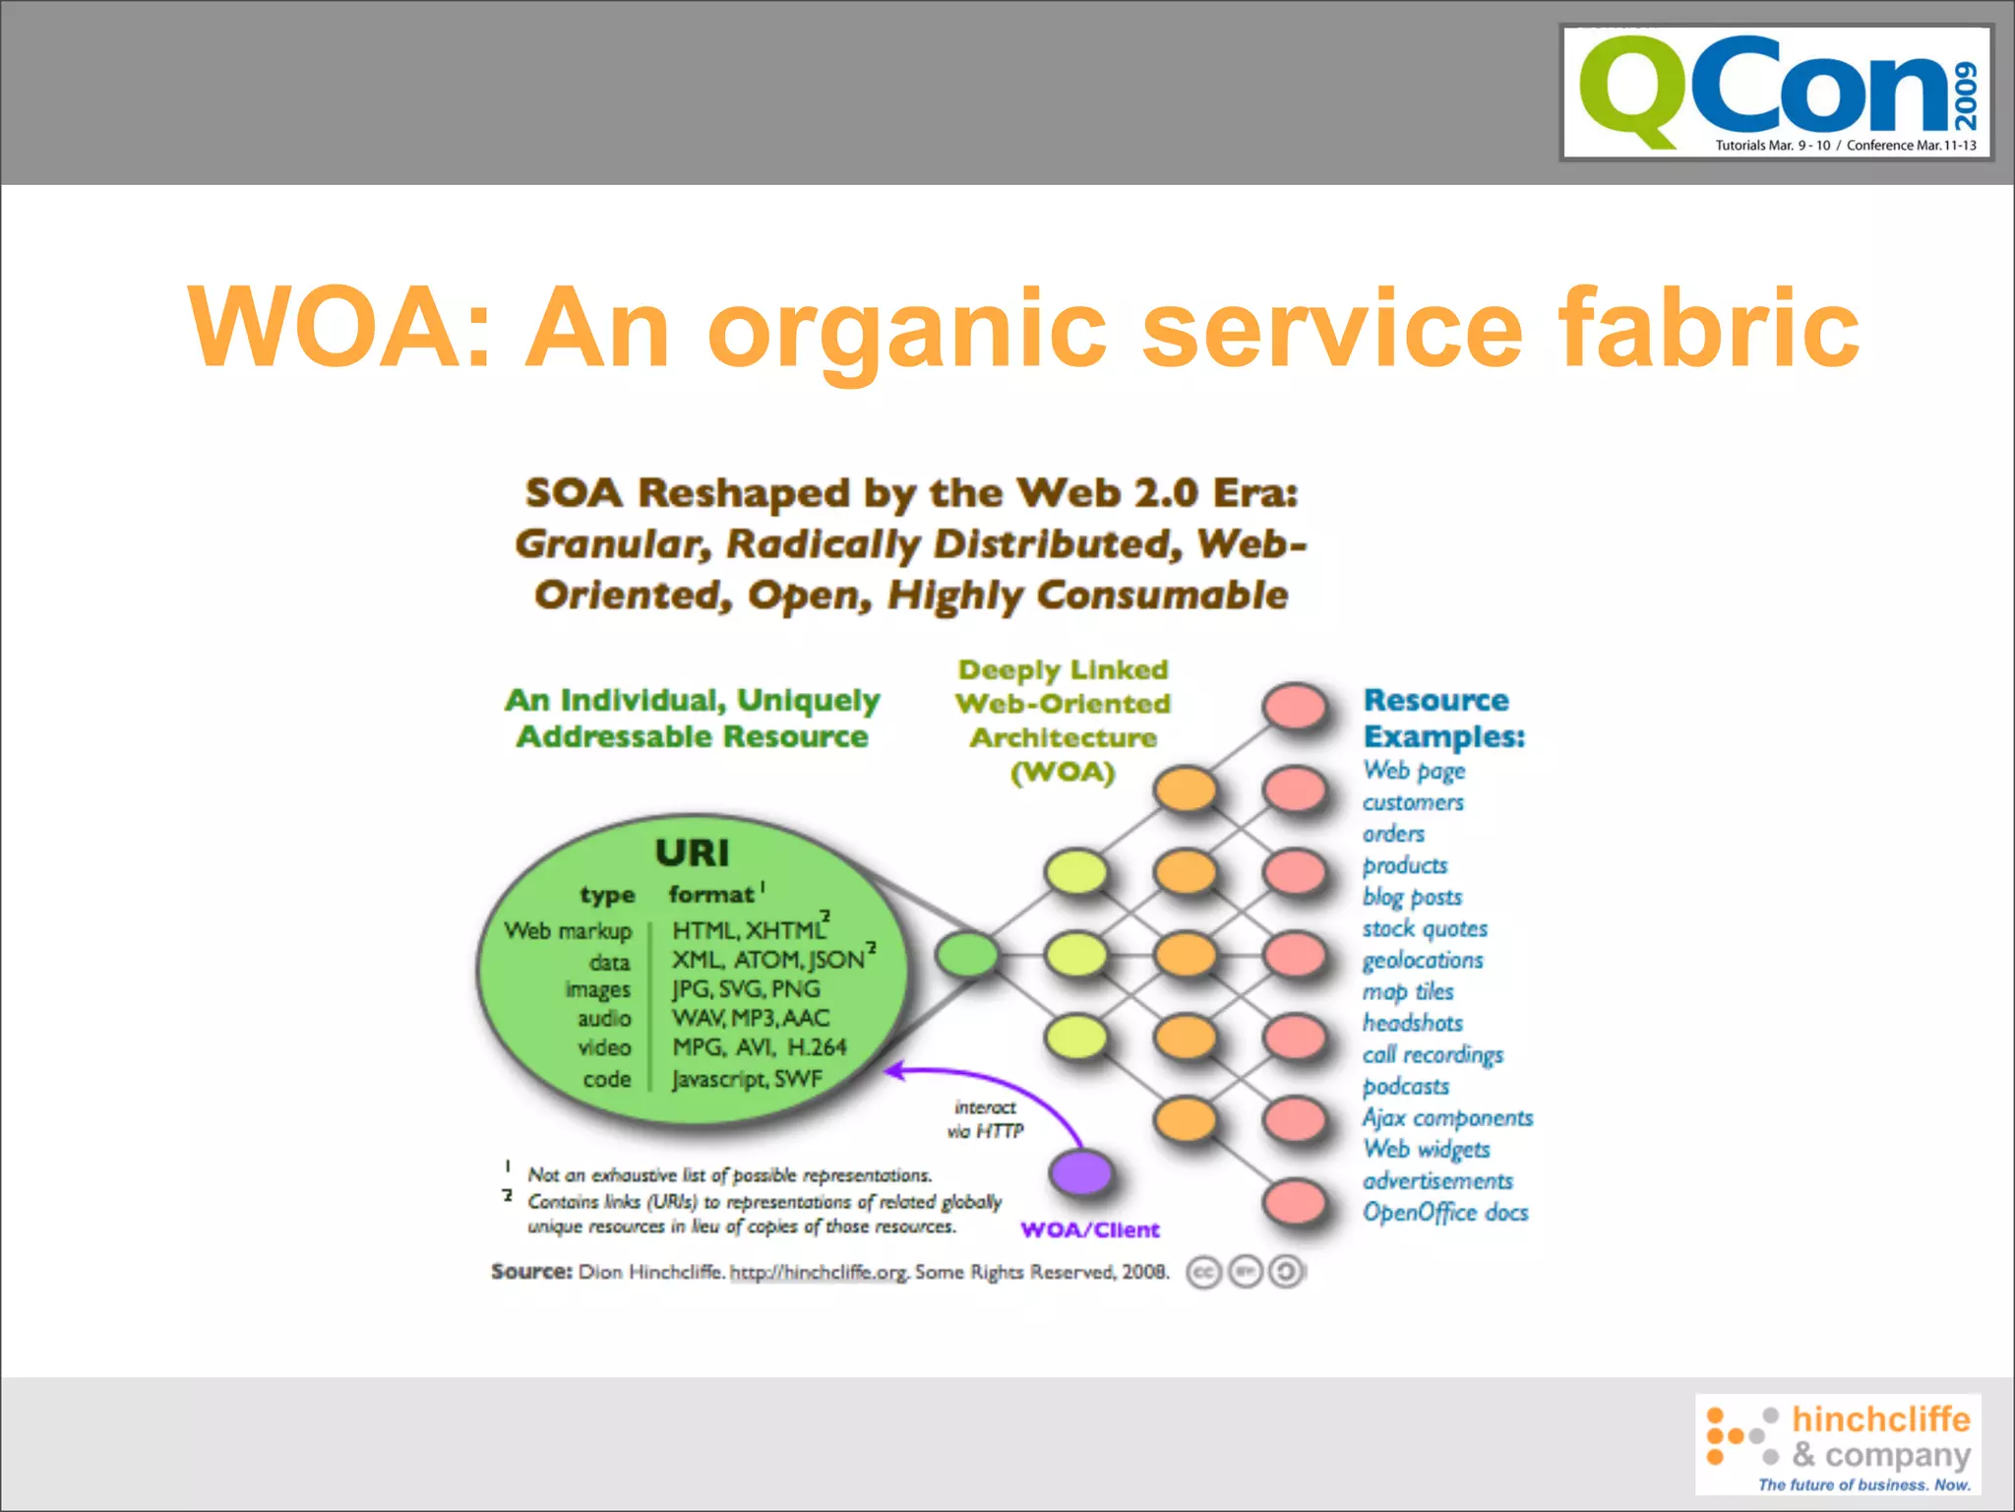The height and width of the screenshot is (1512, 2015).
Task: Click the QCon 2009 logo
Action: (1776, 93)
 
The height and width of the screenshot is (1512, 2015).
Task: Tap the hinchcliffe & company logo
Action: (1838, 1443)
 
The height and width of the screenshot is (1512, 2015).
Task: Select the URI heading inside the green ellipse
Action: (692, 852)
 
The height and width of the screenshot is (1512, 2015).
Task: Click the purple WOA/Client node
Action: (1080, 1172)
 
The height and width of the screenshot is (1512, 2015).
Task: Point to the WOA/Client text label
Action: (1090, 1229)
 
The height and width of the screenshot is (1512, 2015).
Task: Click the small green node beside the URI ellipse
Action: (967, 954)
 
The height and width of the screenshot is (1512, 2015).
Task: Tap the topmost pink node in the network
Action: (1295, 706)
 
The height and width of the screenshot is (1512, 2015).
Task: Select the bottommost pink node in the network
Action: (1295, 1202)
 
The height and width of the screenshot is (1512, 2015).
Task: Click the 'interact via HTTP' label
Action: (985, 1119)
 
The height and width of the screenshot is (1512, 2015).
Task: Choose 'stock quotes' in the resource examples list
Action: (1424, 928)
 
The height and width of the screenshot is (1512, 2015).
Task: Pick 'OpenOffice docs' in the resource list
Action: (1444, 1213)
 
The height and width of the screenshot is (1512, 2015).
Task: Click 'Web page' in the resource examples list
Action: (1414, 770)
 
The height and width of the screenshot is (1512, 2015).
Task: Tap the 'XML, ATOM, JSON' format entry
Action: (767, 959)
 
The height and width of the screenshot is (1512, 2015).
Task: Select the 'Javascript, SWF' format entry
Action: (746, 1079)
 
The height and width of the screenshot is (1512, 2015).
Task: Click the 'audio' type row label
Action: (603, 1018)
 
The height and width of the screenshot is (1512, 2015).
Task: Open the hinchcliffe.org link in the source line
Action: (818, 1272)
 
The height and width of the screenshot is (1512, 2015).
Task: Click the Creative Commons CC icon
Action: (1202, 1272)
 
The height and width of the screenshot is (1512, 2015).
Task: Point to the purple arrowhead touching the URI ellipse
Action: (893, 1070)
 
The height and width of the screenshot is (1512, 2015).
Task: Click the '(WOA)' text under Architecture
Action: (1063, 772)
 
